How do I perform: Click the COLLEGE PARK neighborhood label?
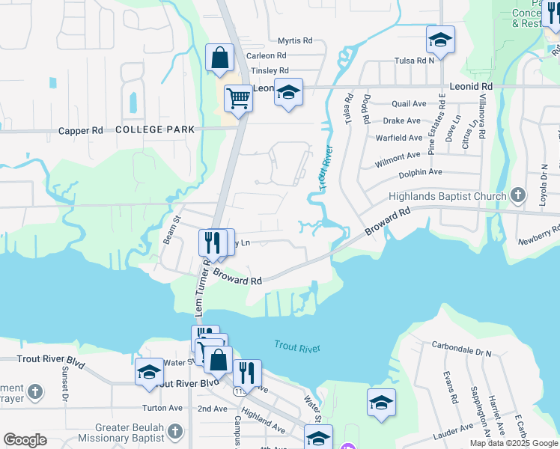(x=155, y=129)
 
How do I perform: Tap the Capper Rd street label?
(x=81, y=130)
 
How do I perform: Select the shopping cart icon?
(x=238, y=98)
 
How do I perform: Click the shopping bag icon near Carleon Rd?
(x=219, y=58)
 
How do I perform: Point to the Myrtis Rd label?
(x=294, y=40)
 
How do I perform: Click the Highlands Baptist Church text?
(x=447, y=197)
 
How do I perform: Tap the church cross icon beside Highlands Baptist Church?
(x=518, y=196)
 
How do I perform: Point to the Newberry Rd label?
(x=539, y=235)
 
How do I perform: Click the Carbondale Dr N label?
(x=461, y=349)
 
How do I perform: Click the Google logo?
(x=25, y=440)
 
